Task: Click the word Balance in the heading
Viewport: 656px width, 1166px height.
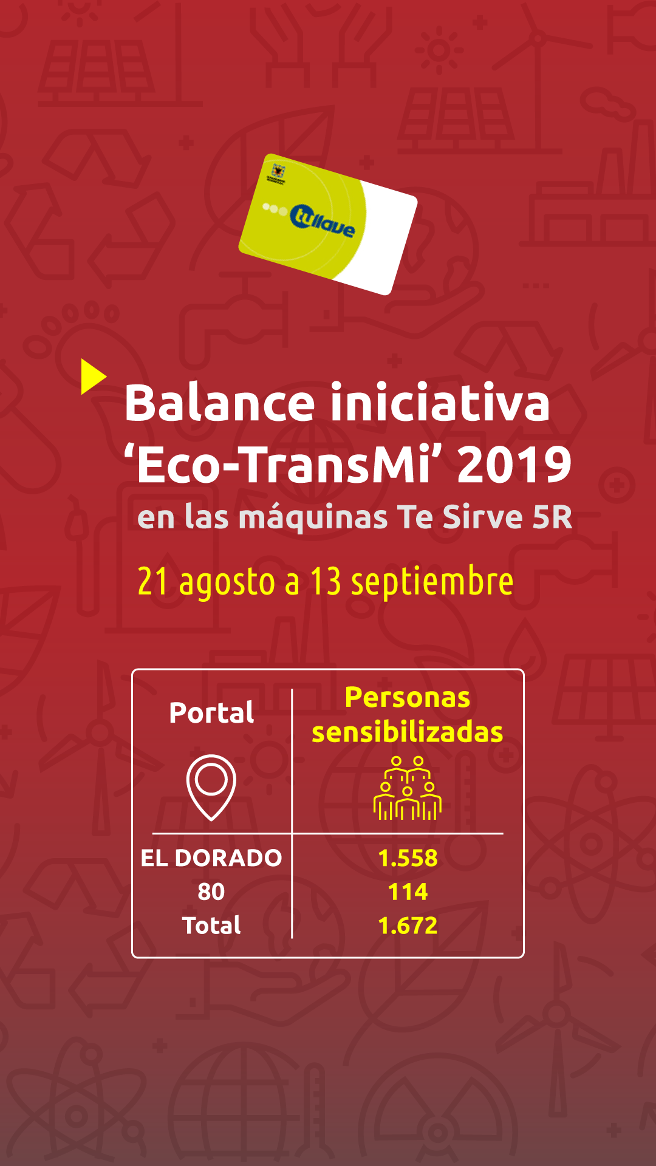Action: tap(220, 403)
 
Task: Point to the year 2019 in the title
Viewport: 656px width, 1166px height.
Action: tap(514, 465)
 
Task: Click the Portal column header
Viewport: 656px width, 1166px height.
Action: tap(211, 712)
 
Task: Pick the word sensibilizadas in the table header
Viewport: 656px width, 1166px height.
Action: tap(408, 732)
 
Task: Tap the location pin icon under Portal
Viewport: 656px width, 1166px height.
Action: tap(211, 787)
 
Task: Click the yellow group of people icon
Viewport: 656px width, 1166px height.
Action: tap(408, 788)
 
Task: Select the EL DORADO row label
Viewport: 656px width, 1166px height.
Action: tap(211, 858)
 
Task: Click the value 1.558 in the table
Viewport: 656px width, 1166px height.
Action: tap(408, 858)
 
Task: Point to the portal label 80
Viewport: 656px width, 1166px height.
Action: tap(211, 892)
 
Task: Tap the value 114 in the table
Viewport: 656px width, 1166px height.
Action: tap(408, 892)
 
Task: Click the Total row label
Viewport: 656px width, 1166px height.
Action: tap(211, 926)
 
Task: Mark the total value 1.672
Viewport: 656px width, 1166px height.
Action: tap(408, 926)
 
